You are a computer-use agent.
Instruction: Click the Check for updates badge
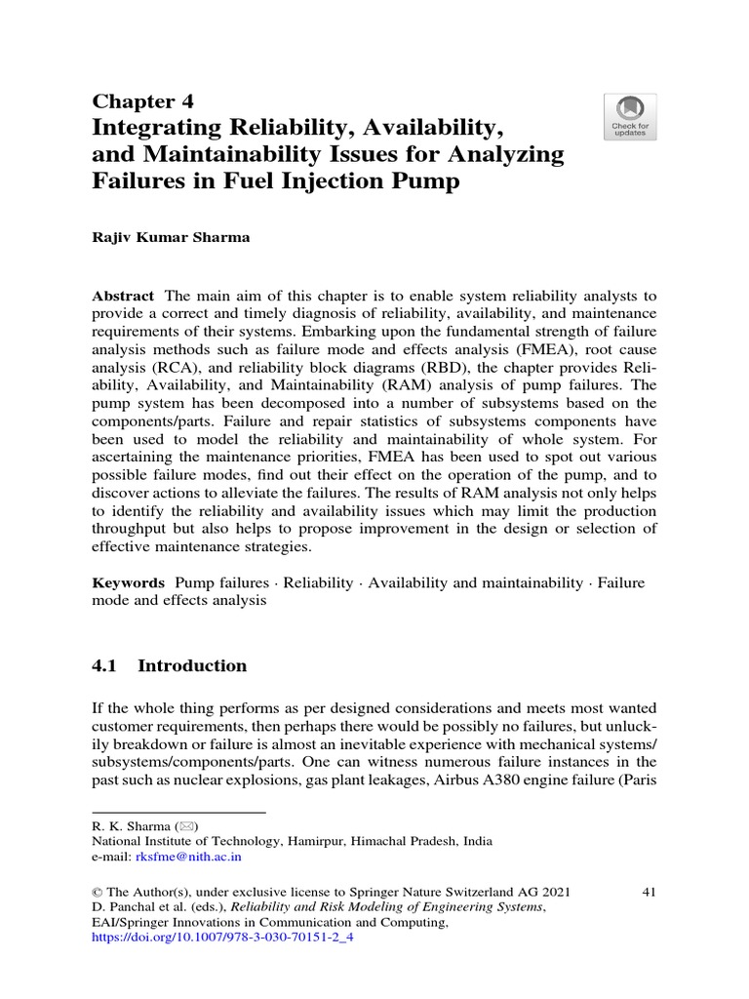tap(630, 117)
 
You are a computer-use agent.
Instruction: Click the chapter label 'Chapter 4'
tap(143, 101)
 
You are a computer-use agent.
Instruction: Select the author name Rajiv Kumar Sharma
tap(171, 237)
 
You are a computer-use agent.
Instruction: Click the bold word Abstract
tap(123, 296)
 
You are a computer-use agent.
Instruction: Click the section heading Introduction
tap(192, 666)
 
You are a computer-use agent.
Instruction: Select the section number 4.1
tap(104, 666)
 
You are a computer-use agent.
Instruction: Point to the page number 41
tap(647, 892)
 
